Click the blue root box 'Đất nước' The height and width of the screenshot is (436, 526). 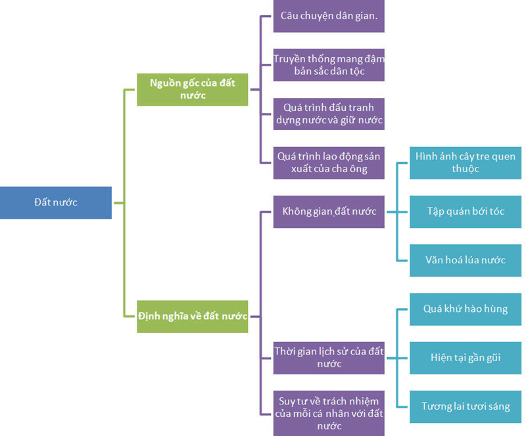point(56,202)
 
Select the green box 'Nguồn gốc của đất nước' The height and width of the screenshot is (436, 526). point(193,89)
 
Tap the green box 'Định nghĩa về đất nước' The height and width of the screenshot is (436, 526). point(193,316)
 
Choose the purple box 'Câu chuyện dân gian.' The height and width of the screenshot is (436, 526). point(329,16)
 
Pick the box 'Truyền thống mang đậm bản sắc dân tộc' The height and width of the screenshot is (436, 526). point(329,64)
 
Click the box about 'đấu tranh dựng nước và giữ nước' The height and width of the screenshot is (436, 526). point(329,114)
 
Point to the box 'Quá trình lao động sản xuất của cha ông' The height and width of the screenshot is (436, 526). point(329,162)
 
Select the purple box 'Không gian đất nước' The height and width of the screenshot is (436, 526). point(329,211)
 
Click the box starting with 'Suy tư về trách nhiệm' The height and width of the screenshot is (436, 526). point(329,413)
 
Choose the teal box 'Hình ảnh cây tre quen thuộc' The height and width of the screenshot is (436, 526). point(466,162)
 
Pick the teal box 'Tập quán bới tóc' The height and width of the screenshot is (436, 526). point(466,211)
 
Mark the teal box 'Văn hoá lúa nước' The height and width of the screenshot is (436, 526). point(466,260)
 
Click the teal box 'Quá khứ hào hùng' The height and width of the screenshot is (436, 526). point(466,309)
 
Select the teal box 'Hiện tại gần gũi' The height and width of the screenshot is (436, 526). point(466,358)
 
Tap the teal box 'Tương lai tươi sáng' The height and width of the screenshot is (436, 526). point(466,406)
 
